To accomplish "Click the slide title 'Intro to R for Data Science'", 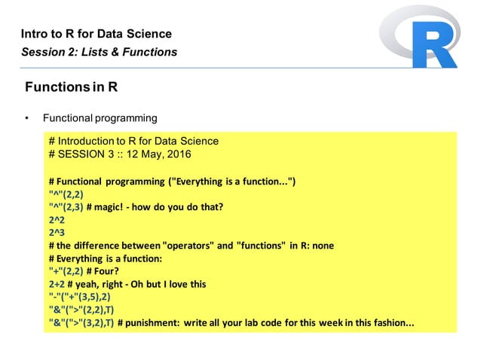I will point(96,34).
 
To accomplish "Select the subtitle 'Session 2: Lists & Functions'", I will point(99,52).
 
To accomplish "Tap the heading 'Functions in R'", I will point(71,87).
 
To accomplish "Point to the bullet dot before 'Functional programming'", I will point(26,119).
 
